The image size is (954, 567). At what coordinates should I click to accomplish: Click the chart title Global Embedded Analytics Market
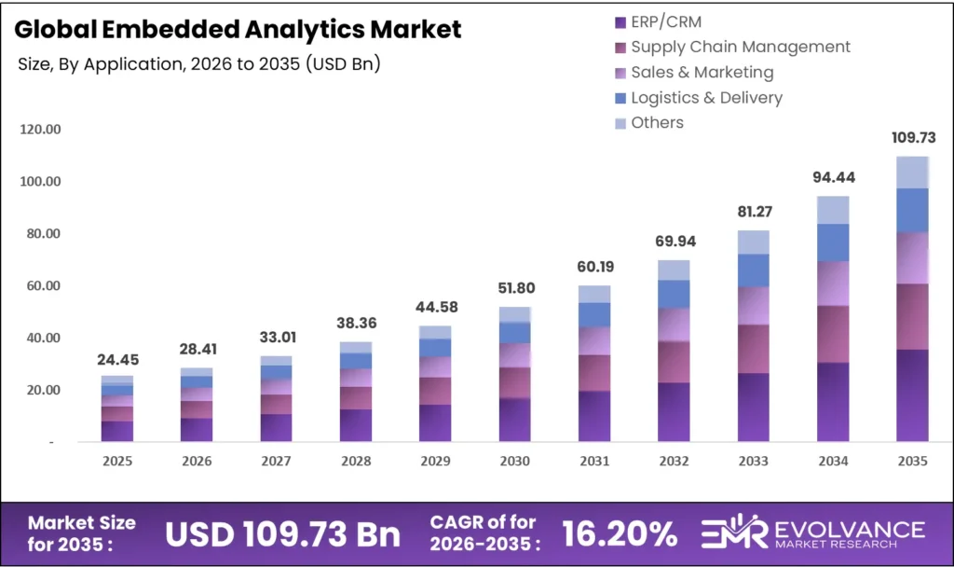pos(238,29)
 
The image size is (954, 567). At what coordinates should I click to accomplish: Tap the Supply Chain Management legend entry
pos(740,47)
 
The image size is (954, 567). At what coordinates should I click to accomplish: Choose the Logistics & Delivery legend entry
pos(706,97)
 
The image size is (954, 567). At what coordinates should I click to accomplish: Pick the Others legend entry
pos(657,122)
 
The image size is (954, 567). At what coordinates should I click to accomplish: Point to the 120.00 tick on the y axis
pos(40,129)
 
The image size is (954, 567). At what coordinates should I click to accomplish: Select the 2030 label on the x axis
pos(514,461)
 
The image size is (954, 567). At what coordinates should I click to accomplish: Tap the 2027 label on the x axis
pos(276,461)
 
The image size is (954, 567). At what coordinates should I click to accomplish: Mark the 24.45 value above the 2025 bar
pos(117,359)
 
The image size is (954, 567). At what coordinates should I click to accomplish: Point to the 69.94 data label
pos(674,242)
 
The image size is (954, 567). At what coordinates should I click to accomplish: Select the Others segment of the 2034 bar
pos(833,210)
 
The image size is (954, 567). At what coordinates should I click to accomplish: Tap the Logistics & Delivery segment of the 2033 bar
pos(753,270)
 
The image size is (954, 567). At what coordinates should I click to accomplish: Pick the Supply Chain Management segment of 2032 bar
pos(674,362)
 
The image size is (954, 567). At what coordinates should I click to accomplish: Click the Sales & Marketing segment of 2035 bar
pos(912,257)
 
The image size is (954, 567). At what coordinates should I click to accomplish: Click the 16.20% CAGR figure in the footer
pos(620,533)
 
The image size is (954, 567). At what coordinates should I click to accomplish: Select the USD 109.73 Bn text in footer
pos(282,533)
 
